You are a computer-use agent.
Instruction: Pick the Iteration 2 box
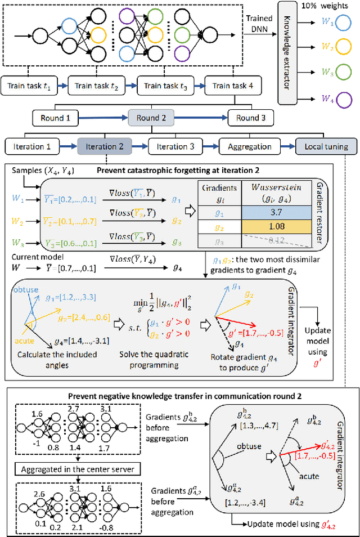pos(104,146)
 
